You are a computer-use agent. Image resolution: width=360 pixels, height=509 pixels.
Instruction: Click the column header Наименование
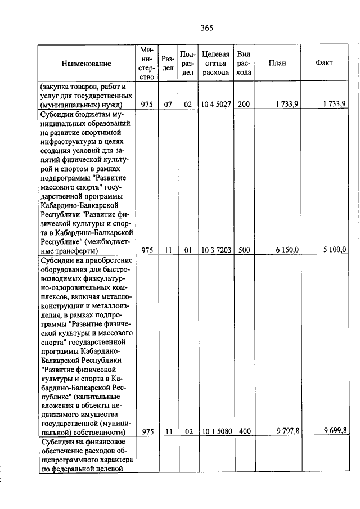click(x=87, y=64)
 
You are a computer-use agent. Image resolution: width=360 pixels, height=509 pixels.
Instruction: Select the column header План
click(x=277, y=63)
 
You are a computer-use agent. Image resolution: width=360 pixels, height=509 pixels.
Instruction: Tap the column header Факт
click(x=325, y=63)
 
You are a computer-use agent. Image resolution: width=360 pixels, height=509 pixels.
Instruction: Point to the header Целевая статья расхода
click(x=216, y=63)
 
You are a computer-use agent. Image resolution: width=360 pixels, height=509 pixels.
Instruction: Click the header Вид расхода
click(x=244, y=63)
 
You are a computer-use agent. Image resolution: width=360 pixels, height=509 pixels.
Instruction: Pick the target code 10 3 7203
click(x=216, y=250)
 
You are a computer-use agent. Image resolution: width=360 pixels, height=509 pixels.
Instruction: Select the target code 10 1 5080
click(x=216, y=431)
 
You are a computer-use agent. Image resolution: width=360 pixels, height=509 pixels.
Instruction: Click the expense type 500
click(x=244, y=250)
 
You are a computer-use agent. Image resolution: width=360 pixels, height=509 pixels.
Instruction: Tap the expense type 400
click(x=244, y=431)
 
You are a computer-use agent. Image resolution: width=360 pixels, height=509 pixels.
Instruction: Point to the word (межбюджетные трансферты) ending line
click(x=69, y=250)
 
